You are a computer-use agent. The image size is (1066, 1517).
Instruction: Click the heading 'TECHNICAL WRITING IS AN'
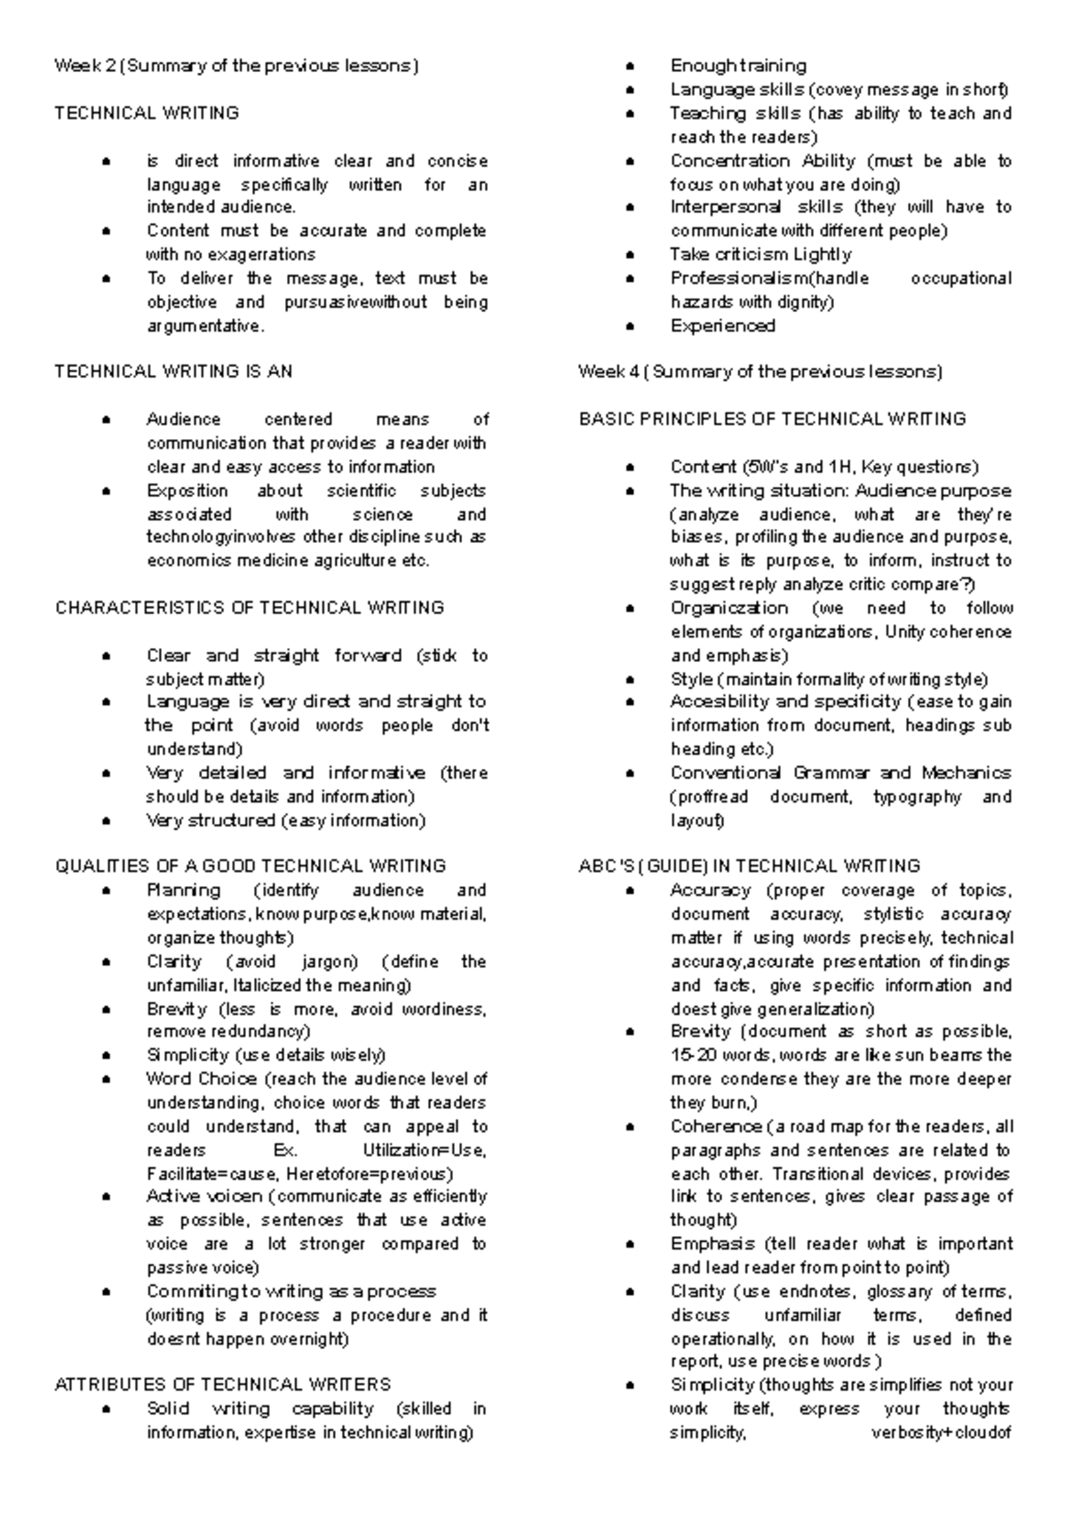click(173, 371)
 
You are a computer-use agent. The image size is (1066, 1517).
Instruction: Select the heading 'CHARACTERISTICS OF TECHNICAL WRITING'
click(250, 608)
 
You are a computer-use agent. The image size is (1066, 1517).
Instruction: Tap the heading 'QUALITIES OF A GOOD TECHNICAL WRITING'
click(251, 866)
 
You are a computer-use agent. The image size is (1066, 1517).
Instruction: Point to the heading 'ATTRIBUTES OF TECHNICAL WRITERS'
click(223, 1385)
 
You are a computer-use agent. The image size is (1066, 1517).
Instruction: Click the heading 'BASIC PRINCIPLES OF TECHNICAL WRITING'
click(772, 419)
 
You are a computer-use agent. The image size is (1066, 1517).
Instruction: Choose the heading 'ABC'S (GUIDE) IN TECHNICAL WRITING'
click(750, 866)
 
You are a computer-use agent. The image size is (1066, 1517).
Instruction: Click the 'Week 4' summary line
click(760, 371)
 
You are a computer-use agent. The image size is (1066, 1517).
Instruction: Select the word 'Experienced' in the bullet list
click(722, 326)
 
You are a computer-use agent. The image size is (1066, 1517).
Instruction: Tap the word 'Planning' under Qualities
click(184, 890)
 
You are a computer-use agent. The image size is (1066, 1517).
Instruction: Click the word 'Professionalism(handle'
click(769, 278)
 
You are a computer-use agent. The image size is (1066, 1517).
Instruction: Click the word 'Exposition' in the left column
click(187, 491)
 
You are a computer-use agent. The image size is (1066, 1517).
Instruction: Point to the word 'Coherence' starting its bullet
click(716, 1127)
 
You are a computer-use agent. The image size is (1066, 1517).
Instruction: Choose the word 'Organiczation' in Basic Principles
click(728, 608)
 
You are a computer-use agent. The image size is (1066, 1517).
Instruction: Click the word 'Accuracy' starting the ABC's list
click(711, 890)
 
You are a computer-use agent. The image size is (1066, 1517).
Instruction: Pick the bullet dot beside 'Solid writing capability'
click(107, 1409)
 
